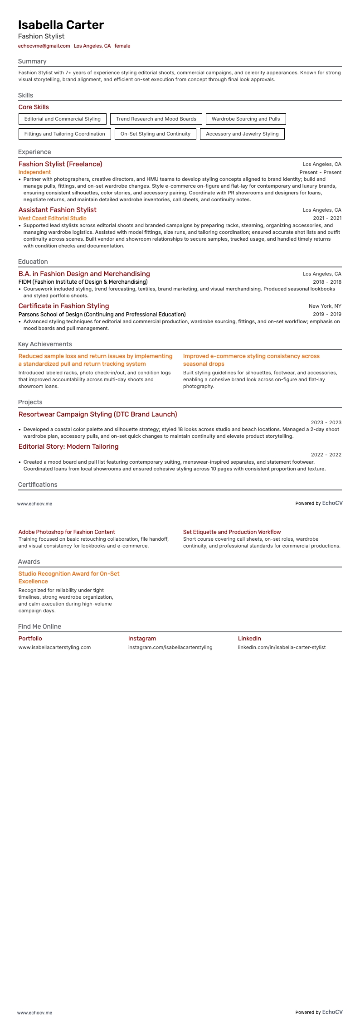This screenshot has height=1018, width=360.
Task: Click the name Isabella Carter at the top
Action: tap(61, 25)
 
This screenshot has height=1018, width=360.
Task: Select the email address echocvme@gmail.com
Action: tap(44, 46)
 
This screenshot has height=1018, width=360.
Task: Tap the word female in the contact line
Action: tap(122, 46)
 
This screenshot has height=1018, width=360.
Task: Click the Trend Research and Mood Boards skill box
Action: tap(156, 119)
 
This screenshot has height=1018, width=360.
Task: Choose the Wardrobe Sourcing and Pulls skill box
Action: tap(246, 119)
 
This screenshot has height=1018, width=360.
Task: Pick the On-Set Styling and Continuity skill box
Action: tap(155, 134)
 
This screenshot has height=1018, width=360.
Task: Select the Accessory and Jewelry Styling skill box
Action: tap(242, 134)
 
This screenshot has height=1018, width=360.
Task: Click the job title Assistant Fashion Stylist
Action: tap(57, 210)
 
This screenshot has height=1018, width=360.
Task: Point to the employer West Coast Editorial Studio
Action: tap(52, 218)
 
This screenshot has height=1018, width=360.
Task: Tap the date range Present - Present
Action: tap(320, 173)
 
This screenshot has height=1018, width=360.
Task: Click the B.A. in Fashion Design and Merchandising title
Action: tap(84, 274)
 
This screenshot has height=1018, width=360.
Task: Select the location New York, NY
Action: tap(325, 306)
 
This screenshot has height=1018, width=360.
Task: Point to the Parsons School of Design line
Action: tap(102, 315)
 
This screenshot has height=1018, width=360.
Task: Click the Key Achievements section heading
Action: tap(45, 344)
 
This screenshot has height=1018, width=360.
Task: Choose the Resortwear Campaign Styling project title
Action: tap(97, 414)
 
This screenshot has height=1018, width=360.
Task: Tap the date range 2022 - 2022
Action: tap(326, 455)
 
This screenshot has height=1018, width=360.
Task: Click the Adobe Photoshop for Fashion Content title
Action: tap(67, 532)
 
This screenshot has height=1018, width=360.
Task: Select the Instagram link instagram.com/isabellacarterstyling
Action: tap(170, 647)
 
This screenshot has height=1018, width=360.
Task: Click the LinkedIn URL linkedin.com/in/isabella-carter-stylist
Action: tap(282, 647)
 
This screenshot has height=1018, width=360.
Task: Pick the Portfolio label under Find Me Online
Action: tap(30, 639)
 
